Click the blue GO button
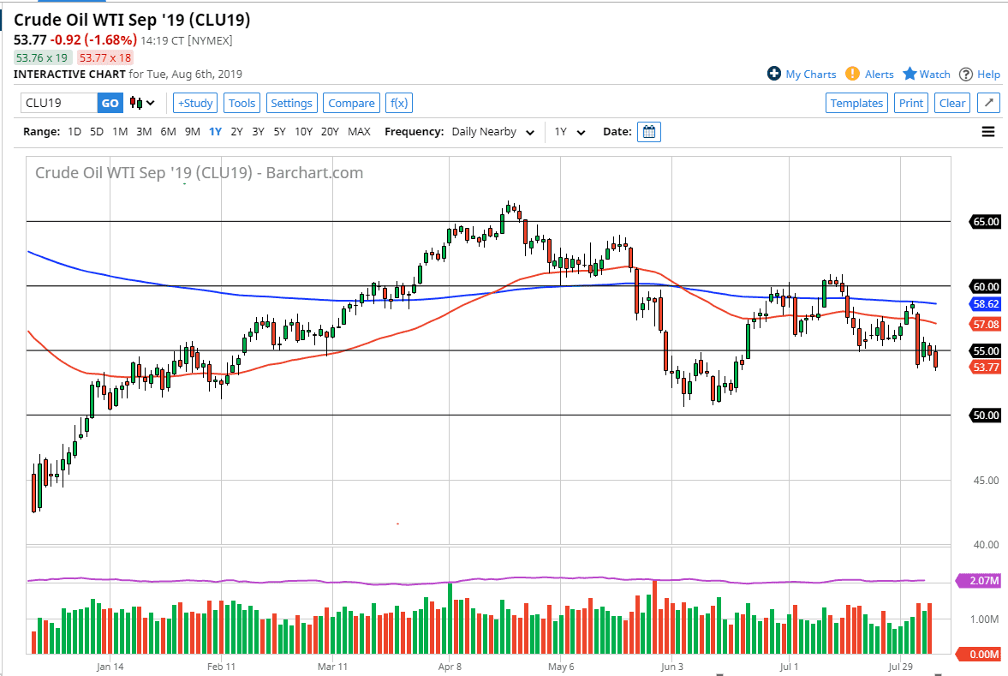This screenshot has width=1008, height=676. [x=110, y=103]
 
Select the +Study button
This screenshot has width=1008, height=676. [x=194, y=103]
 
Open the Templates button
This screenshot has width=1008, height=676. [x=856, y=103]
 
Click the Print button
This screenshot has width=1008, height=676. [x=911, y=103]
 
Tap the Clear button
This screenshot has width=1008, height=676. [x=952, y=103]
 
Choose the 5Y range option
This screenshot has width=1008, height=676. [x=280, y=132]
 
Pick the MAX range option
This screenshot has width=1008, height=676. [x=360, y=132]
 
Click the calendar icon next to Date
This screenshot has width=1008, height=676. [x=649, y=132]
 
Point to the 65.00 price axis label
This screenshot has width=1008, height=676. [x=986, y=222]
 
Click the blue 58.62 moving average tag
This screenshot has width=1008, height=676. [x=986, y=304]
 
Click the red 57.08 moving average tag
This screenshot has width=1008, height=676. [x=986, y=325]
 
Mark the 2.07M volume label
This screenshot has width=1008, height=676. [x=986, y=582]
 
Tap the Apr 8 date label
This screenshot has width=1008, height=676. [x=450, y=666]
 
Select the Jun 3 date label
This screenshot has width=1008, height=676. [x=672, y=666]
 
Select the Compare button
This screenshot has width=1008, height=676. [x=351, y=103]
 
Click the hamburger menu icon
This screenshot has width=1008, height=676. [x=988, y=132]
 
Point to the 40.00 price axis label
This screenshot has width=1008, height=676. [x=986, y=544]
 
